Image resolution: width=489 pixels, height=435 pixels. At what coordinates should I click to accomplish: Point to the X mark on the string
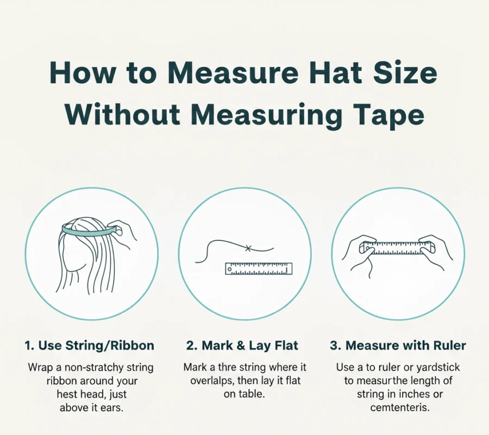tap(248, 248)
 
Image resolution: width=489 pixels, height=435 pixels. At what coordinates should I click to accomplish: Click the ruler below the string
tap(259, 269)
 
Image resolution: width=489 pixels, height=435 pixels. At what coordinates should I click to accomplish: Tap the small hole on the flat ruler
tap(230, 269)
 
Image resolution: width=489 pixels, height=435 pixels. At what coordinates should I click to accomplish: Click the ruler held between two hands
tap(397, 248)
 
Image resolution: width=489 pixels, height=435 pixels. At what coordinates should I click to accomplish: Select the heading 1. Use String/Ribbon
tap(90, 346)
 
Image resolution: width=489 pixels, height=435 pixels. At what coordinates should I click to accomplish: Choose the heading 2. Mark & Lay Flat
tap(242, 346)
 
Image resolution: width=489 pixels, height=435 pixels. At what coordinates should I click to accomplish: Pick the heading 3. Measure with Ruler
tap(398, 346)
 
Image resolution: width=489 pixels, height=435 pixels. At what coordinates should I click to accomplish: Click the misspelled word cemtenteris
tap(400, 407)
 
